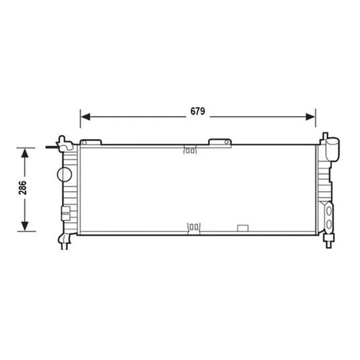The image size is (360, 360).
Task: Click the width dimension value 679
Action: pyautogui.click(x=197, y=111)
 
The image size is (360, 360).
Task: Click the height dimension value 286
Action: pyautogui.click(x=23, y=188)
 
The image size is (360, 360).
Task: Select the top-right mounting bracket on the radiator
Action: pyautogui.click(x=220, y=141)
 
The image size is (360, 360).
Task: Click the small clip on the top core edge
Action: pyautogui.click(x=190, y=150)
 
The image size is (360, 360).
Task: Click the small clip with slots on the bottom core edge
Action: pyautogui.click(x=193, y=227)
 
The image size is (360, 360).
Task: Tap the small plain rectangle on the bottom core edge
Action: pyautogui.click(x=241, y=228)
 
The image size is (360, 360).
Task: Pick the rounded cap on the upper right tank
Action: pyautogui.click(x=332, y=148)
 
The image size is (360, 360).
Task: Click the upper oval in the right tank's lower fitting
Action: pyautogui.click(x=328, y=211)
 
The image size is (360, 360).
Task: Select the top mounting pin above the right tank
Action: pyautogui.click(x=324, y=137)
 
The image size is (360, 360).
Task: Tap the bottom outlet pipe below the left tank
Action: pyautogui.click(x=65, y=242)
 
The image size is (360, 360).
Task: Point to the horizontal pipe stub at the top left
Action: pyautogui.click(x=51, y=145)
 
